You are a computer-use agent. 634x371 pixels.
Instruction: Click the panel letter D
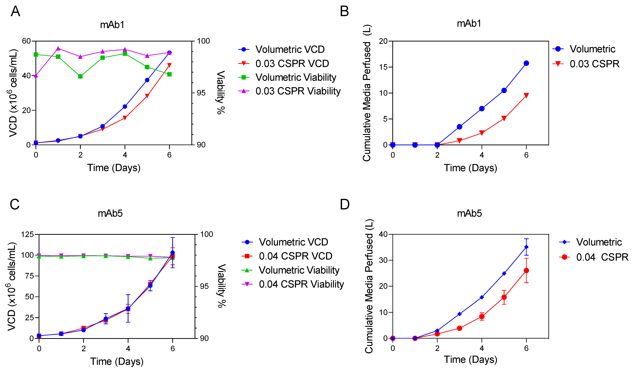[x=345, y=204]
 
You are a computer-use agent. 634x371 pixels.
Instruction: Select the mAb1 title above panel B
[x=469, y=23]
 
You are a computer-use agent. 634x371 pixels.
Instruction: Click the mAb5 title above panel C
[x=110, y=213]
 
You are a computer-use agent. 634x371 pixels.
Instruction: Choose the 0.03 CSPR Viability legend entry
[x=289, y=91]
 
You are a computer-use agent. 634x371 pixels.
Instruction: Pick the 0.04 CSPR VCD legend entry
[x=287, y=256]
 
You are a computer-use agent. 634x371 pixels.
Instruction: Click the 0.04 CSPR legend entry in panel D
[x=594, y=257]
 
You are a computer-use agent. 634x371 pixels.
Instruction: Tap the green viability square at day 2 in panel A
[x=80, y=76]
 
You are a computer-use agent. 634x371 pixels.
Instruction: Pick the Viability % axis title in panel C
[x=221, y=285]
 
